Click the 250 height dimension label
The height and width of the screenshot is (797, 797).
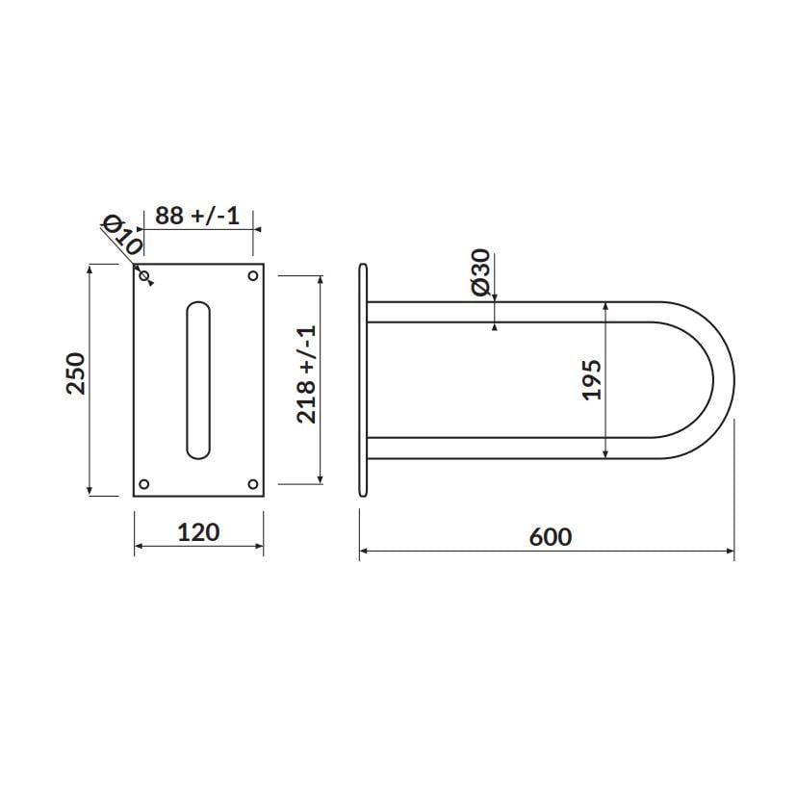tap(76, 373)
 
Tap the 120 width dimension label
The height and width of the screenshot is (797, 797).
tap(198, 532)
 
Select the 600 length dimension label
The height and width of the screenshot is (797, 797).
tap(551, 537)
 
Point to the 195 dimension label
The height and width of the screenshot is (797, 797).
tap(592, 379)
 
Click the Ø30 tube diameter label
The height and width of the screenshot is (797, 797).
tap(481, 271)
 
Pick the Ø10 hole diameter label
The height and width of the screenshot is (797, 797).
tap(123, 235)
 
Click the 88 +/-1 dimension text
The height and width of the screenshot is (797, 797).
tap(197, 216)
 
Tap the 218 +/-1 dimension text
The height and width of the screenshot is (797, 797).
tap(306, 374)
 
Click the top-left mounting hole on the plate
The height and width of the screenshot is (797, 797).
tap(144, 276)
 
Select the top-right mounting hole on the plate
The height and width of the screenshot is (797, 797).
tap(252, 276)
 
